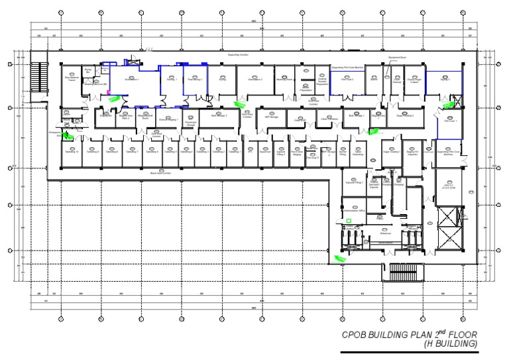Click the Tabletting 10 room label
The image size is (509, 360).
[72, 152]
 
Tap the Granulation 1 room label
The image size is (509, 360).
[131, 80]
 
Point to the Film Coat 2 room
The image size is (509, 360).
[347, 80]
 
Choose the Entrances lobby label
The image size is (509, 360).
[367, 233]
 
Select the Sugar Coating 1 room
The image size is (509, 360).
[405, 115]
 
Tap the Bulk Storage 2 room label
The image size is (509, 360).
[219, 115]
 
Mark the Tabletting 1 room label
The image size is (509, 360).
[235, 152]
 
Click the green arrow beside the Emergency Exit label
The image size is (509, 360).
[68, 137]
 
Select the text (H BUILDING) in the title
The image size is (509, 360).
[451, 344]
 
